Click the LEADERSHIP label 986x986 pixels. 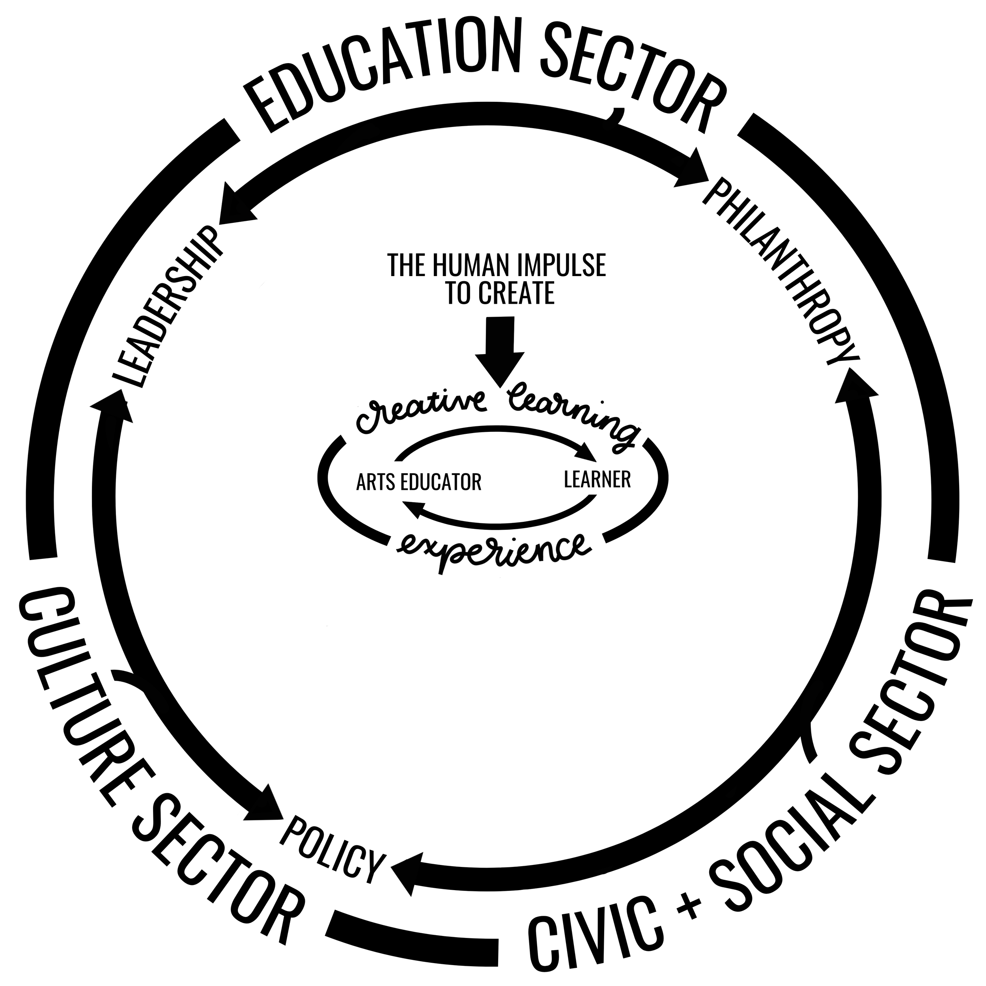pyautogui.click(x=166, y=306)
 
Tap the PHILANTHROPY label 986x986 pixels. pyautogui.click(x=781, y=271)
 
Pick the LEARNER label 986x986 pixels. pyautogui.click(x=597, y=479)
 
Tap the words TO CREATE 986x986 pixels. pyautogui.click(x=500, y=293)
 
